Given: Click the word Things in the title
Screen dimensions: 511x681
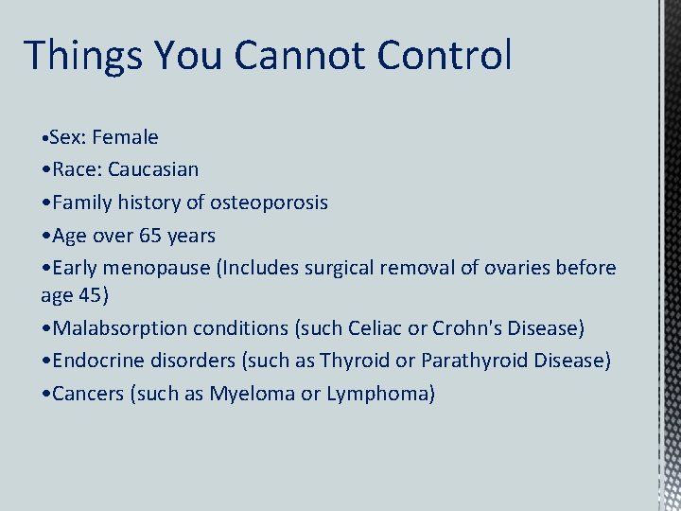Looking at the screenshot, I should click(81, 56).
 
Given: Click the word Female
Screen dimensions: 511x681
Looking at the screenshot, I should click(125, 137).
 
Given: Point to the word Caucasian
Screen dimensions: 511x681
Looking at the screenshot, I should click(153, 169).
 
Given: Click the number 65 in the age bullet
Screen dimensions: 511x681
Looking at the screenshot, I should click(150, 235).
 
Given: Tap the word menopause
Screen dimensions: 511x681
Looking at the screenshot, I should click(160, 268).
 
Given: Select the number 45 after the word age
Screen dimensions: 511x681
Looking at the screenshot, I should click(92, 294).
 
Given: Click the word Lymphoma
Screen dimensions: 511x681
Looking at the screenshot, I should click(377, 394).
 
